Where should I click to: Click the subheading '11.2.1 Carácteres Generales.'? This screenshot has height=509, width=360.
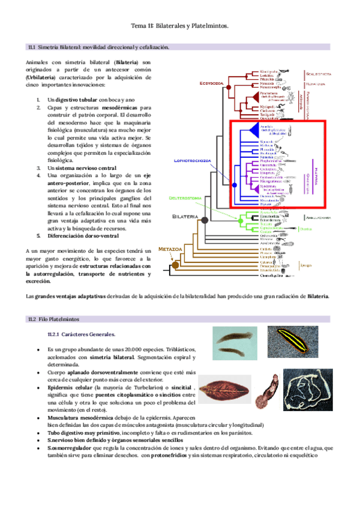(x=81, y=334)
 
